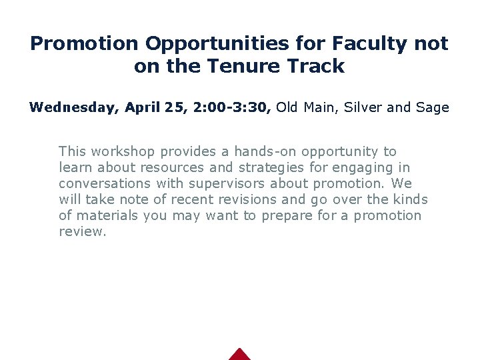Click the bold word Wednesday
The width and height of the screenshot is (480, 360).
71,107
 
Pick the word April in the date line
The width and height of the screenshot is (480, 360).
141,107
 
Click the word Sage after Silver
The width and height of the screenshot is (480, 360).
432,107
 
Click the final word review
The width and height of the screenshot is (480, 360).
82,231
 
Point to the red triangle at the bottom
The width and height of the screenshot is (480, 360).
239,355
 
